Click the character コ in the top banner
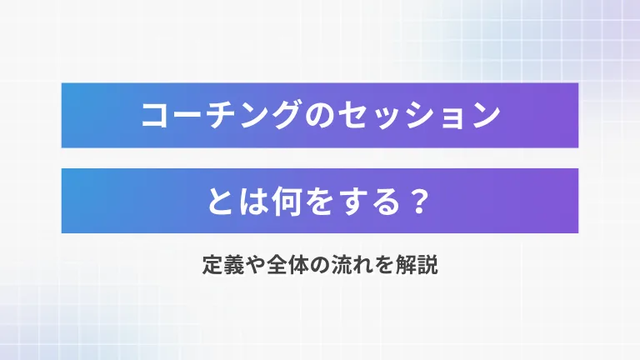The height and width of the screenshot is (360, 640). [154, 116]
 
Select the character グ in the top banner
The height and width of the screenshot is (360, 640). [286, 115]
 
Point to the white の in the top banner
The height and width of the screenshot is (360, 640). [320, 115]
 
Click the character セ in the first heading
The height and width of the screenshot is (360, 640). [352, 115]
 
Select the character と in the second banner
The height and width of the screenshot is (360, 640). [220, 201]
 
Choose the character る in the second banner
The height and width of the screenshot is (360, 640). [387, 201]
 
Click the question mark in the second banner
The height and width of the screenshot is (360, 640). [420, 201]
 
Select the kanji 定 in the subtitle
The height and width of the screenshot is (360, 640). [212, 264]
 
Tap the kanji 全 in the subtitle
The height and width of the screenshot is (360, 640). [277, 264]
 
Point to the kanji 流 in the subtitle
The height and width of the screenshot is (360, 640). [341, 264]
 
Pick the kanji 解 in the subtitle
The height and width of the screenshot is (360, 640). [406, 264]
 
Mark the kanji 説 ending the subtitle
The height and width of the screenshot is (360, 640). [427, 264]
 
